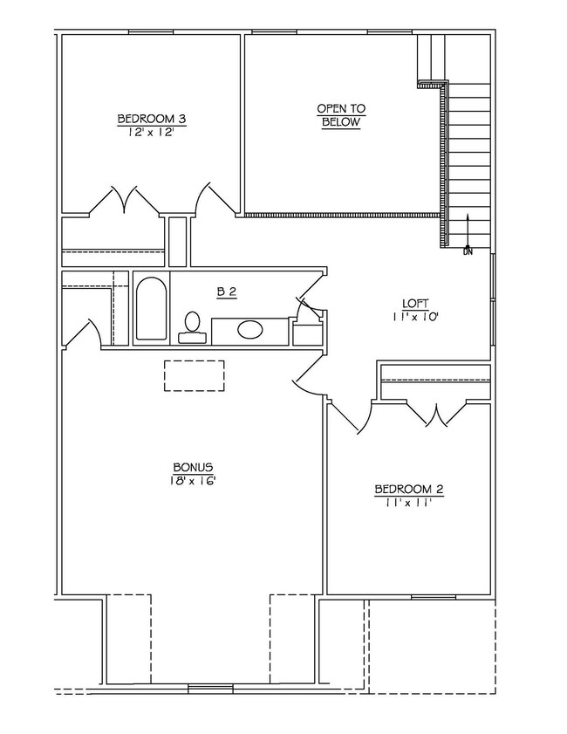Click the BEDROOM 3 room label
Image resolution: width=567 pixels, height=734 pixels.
click(x=151, y=119)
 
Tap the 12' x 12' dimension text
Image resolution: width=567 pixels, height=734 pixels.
click(x=151, y=133)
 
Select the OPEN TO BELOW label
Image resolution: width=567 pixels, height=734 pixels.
click(x=341, y=115)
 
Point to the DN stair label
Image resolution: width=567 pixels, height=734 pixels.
click(x=468, y=251)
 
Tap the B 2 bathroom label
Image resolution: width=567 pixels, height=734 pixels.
click(x=227, y=292)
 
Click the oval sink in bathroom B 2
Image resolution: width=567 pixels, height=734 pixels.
click(x=250, y=330)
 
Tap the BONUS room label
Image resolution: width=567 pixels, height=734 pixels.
click(x=193, y=467)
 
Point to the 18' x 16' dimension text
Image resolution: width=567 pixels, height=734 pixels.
click(x=193, y=481)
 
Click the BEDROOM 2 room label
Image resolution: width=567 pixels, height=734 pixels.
click(x=409, y=490)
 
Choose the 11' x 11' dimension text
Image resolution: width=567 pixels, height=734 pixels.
click(x=409, y=504)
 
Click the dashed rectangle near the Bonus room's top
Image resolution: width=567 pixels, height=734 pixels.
click(x=195, y=375)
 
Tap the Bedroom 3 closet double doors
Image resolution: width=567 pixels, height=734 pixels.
click(x=128, y=200)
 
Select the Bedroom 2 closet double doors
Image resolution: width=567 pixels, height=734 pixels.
click(x=435, y=413)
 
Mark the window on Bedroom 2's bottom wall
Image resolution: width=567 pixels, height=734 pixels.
click(x=434, y=597)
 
